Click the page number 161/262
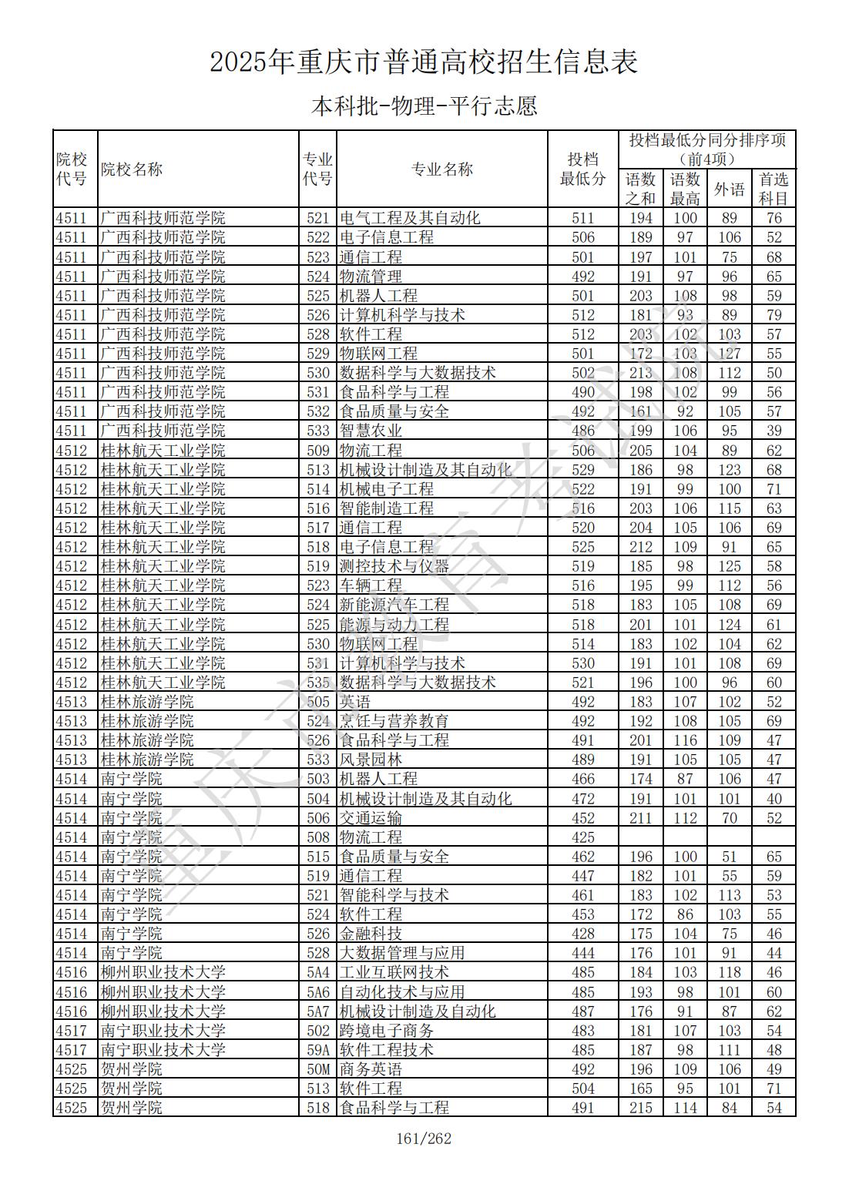[423, 1139]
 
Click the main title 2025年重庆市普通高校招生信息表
[424, 62]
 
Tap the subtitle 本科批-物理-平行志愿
[424, 106]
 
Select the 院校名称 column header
[132, 169]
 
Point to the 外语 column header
[729, 189]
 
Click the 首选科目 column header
[773, 189]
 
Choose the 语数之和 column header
[640, 189]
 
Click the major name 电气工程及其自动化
[410, 218]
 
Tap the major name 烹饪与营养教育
[394, 721]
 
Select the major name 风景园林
[371, 760]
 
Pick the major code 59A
[318, 1050]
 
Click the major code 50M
[318, 1069]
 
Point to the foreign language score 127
[729, 354]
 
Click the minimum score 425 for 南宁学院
[583, 837]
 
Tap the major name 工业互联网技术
[394, 973]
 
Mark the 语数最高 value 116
[685, 740]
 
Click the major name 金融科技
[371, 934]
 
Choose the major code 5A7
[318, 1011]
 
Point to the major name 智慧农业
[371, 431]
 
